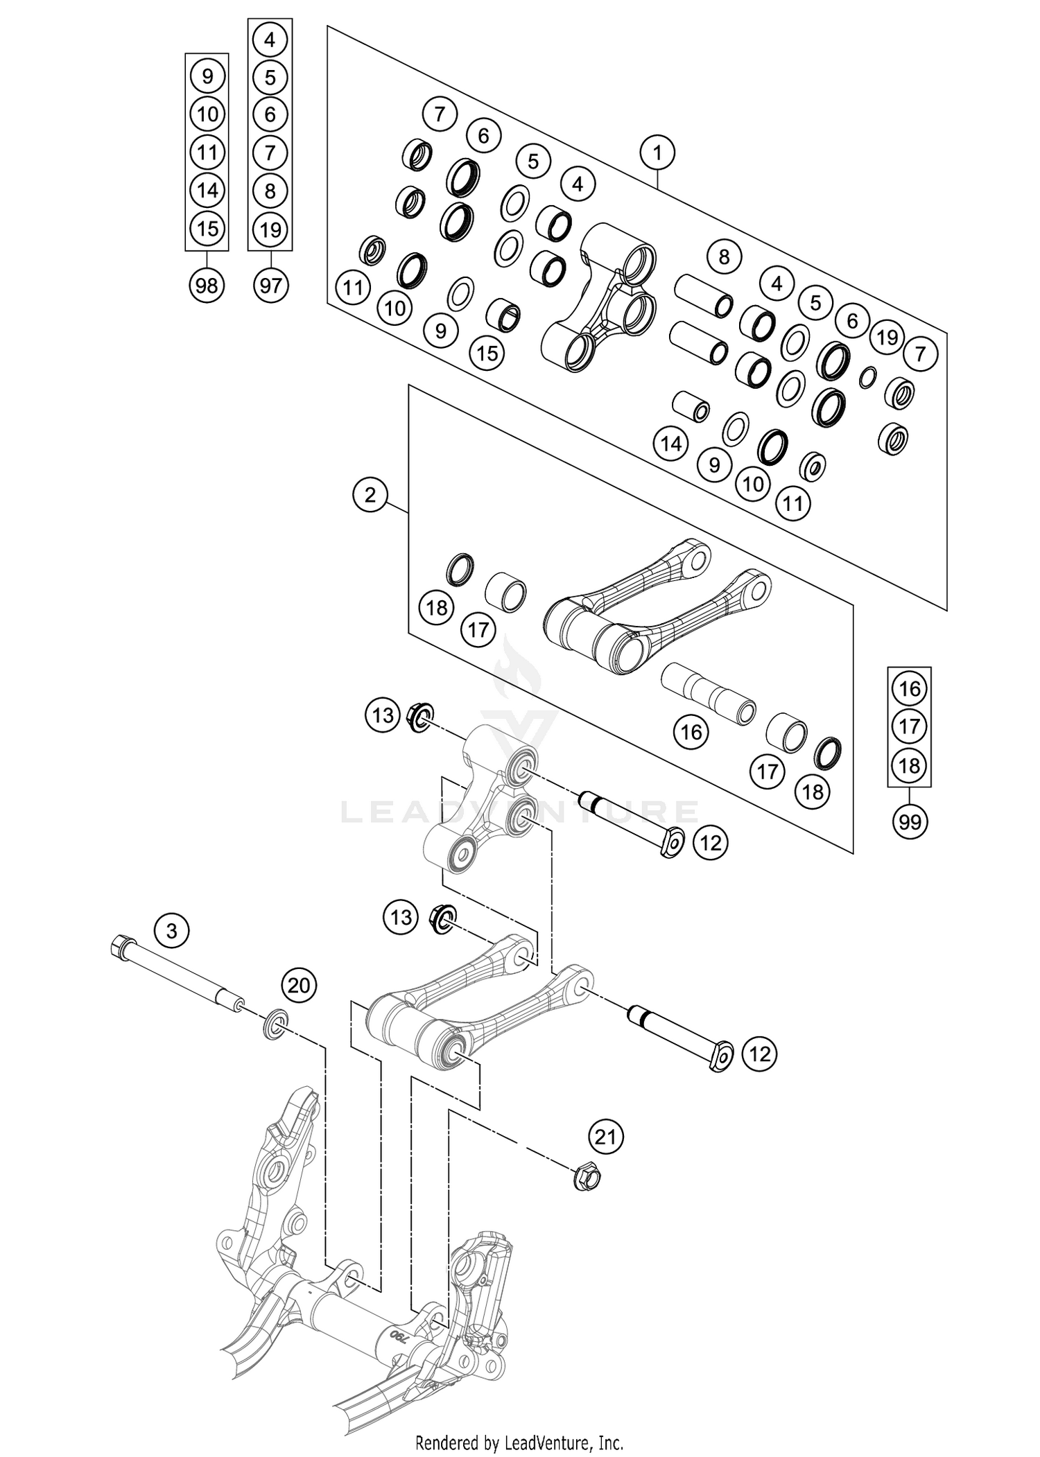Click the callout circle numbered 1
657,152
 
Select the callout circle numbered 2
370,495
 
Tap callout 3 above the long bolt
172,930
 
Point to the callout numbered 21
605,1137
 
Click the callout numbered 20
299,985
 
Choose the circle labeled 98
207,285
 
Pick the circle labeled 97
270,285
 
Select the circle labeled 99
909,822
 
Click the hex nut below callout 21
587,1176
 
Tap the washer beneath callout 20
277,1025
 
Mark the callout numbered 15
487,353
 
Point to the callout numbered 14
671,444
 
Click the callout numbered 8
724,257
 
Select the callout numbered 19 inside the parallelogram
887,338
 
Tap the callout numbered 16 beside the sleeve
691,732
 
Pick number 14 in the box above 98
207,190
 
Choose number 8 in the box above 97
270,190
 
